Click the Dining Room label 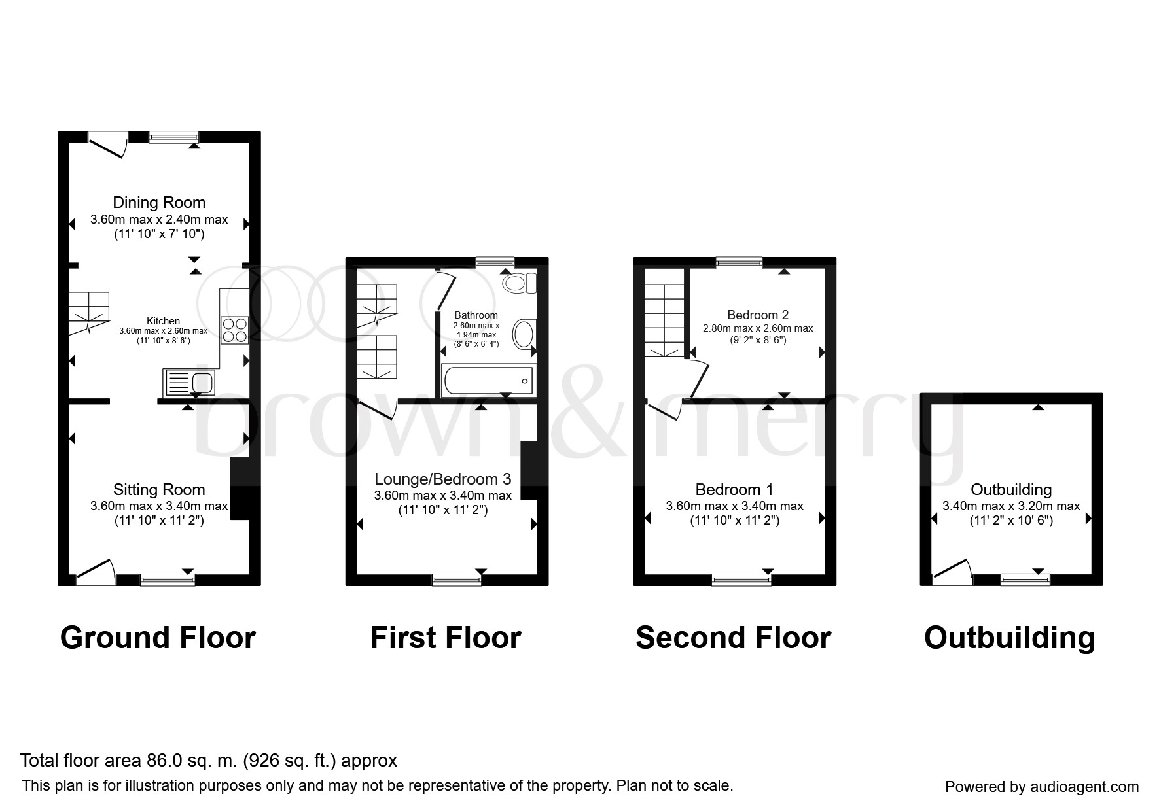coord(159,203)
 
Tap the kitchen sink coord(189,382)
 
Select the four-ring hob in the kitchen coord(235,330)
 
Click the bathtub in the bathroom coord(488,380)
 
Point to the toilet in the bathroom coord(520,283)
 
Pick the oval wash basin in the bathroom coord(524,334)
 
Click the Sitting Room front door coord(96,571)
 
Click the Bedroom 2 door coord(697,379)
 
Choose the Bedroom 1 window coord(741,579)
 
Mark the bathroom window coord(495,263)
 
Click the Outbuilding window coord(1025,579)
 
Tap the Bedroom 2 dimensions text coord(758,334)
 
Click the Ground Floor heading coord(158,638)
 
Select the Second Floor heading coord(733,638)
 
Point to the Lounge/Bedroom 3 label coord(442,479)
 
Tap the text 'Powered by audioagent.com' coord(1042,787)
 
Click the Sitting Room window coord(168,579)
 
